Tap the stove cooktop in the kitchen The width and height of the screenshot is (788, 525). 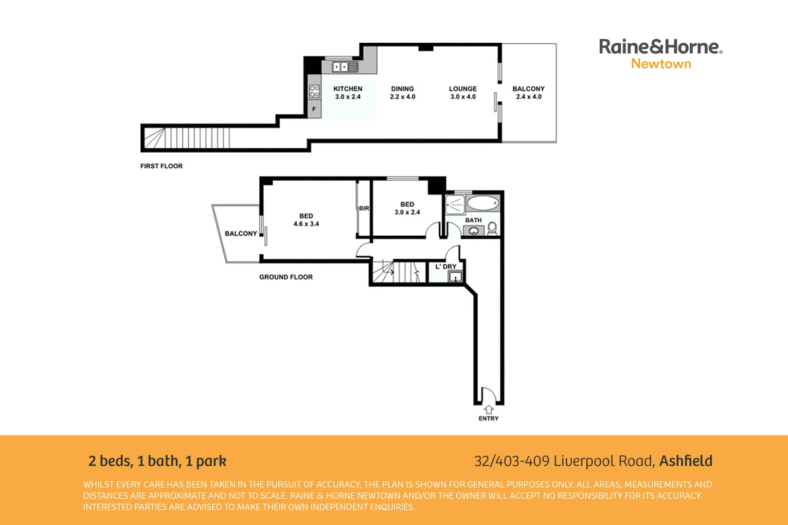(x=315, y=91)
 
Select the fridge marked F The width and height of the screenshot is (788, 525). (x=314, y=109)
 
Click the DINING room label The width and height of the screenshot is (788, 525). (x=402, y=89)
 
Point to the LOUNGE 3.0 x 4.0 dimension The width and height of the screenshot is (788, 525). (x=463, y=97)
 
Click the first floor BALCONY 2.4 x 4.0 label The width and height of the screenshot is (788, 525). (x=528, y=92)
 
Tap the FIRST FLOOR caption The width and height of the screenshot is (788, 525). (x=161, y=166)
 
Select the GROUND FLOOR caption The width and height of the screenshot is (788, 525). (x=286, y=277)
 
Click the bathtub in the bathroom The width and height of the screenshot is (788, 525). (x=483, y=203)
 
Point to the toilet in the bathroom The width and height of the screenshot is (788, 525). (x=492, y=228)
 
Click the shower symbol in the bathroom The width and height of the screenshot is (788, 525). (x=455, y=204)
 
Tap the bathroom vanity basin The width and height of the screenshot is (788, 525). (x=473, y=231)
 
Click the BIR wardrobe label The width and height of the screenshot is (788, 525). (x=364, y=208)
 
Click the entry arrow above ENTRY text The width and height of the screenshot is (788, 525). (x=488, y=410)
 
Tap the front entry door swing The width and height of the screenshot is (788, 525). (x=488, y=395)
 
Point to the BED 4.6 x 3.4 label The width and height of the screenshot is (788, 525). (x=306, y=220)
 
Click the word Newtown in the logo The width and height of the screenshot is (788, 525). (x=661, y=64)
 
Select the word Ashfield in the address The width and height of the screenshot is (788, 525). (x=685, y=461)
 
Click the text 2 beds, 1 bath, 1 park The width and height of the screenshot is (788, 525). (x=157, y=461)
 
